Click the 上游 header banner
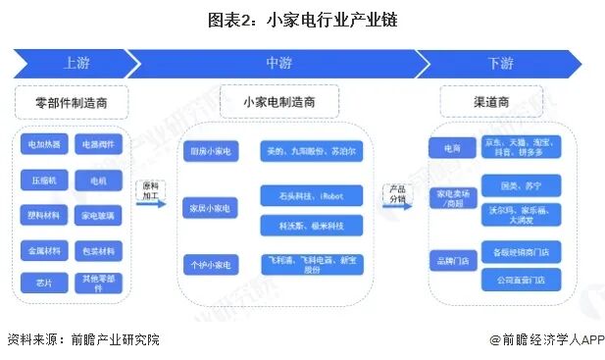74,64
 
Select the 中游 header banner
279,64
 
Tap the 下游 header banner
500,64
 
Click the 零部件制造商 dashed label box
75,100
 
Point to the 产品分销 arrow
397,195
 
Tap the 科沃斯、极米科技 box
312,226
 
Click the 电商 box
449,148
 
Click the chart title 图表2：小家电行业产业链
302,19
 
